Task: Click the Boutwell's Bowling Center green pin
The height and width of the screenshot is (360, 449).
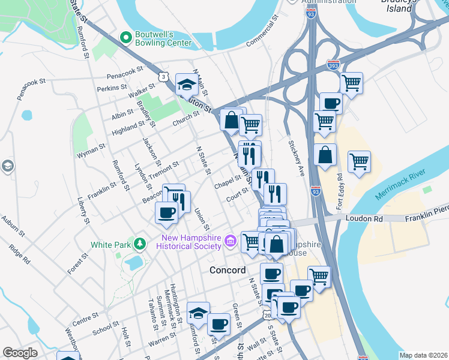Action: click(125, 38)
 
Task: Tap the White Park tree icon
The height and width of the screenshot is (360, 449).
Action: click(140, 244)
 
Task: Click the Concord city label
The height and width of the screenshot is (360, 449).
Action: click(228, 271)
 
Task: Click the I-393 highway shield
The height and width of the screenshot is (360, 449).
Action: click(333, 64)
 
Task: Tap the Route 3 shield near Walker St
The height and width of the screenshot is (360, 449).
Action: click(163, 76)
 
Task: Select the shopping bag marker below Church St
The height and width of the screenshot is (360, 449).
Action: click(231, 120)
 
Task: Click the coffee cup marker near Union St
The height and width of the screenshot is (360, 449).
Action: click(166, 212)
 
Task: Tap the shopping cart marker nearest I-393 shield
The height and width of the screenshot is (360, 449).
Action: click(351, 83)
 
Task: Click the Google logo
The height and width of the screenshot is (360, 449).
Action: click(20, 353)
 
